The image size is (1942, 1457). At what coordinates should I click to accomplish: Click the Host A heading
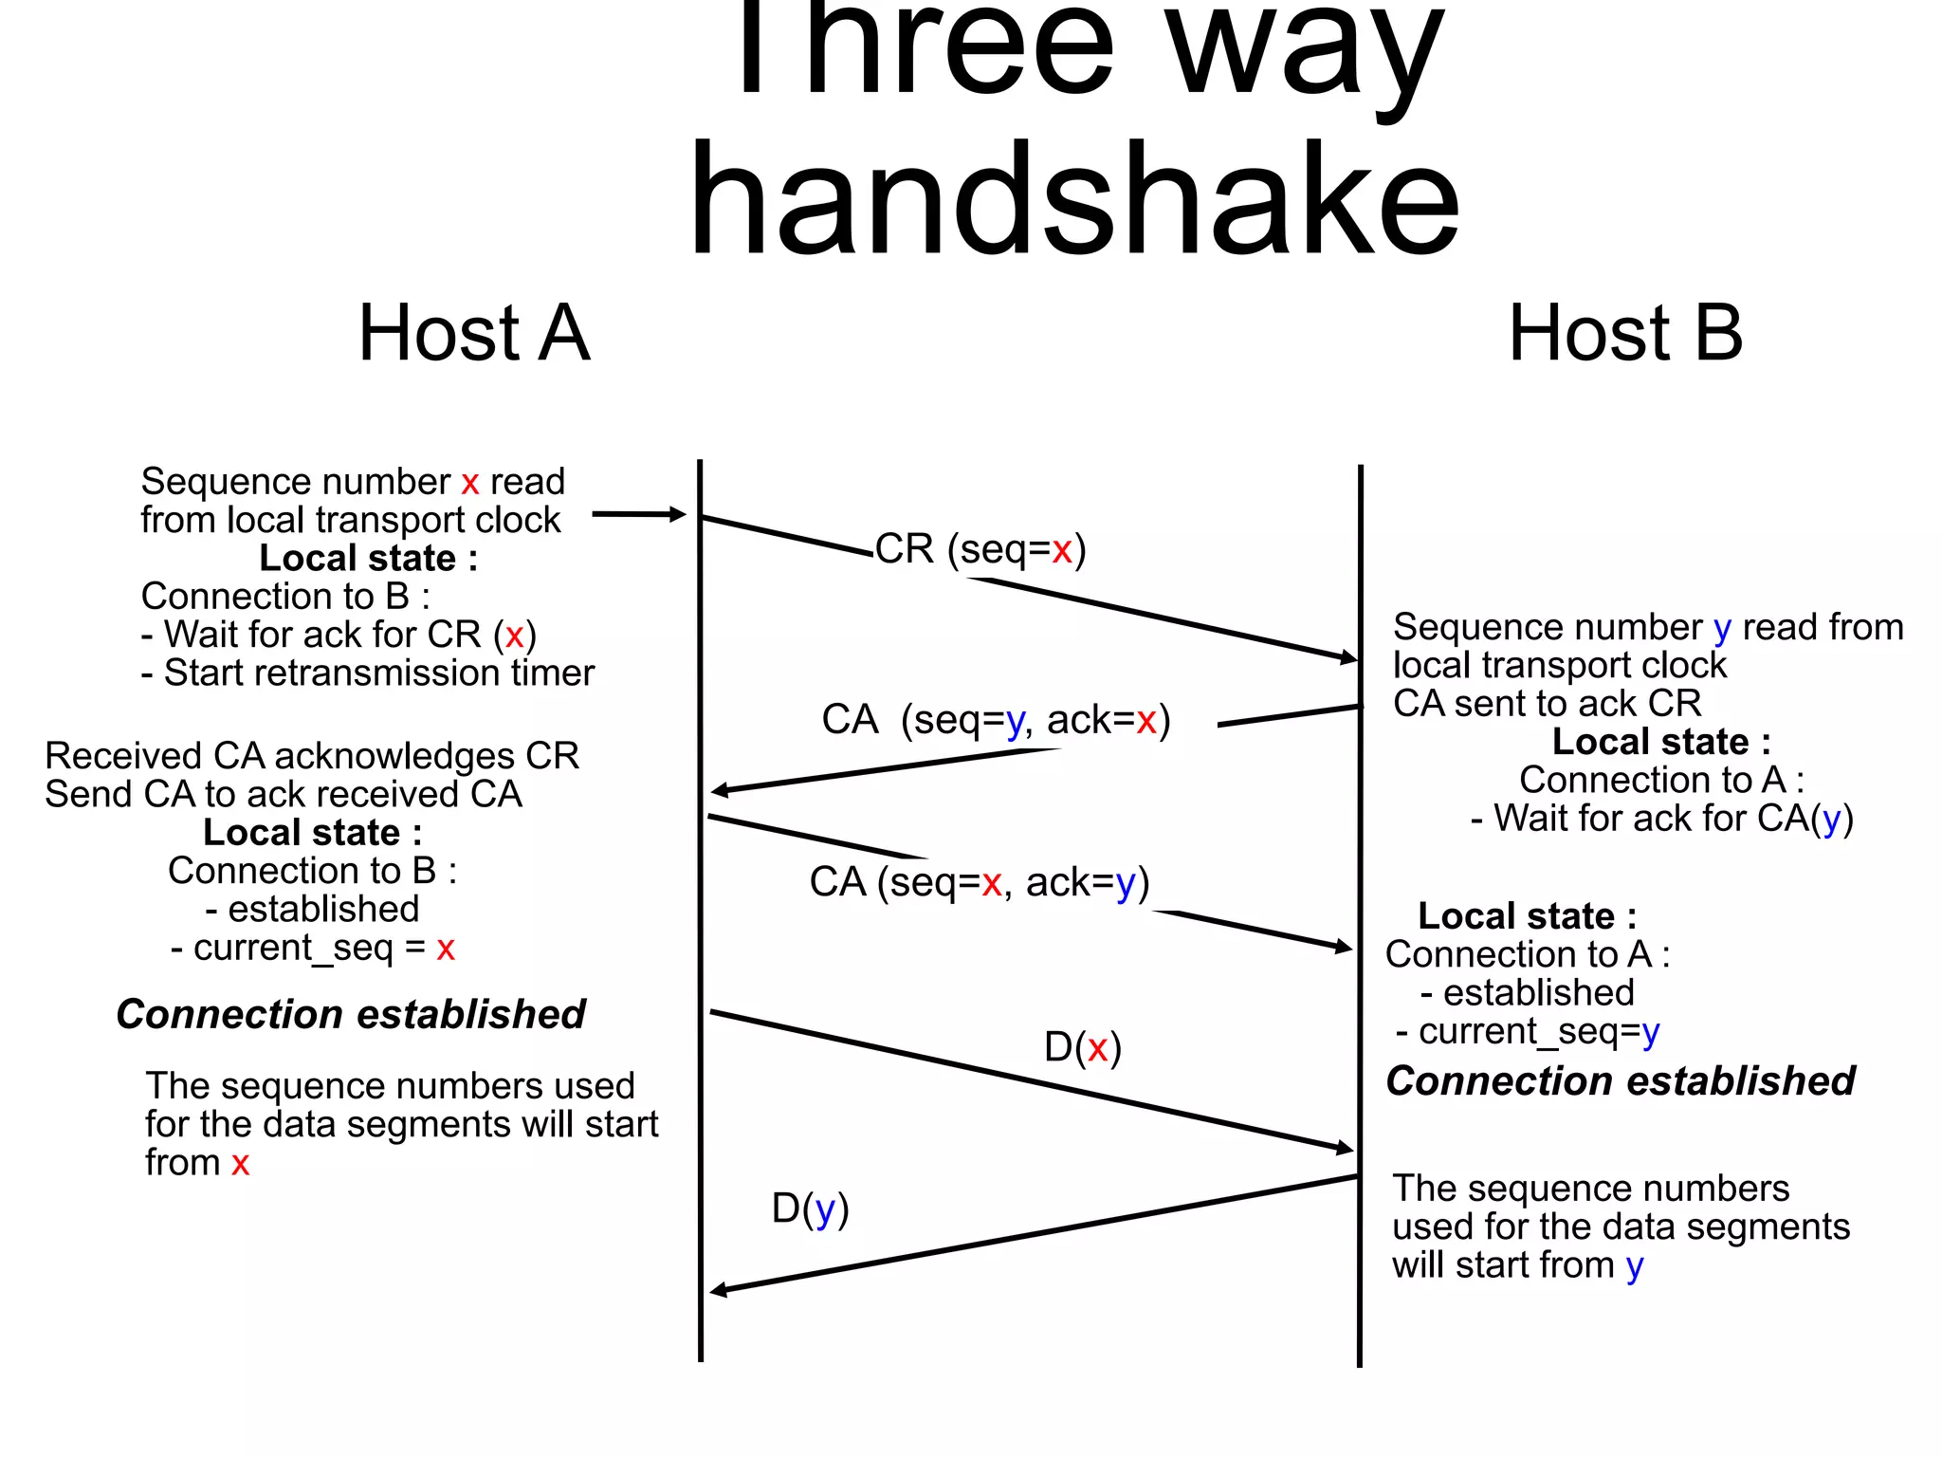[x=474, y=334]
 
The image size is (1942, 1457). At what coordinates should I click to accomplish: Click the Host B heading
[x=1625, y=334]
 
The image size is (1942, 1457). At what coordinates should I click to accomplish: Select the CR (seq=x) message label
[x=980, y=549]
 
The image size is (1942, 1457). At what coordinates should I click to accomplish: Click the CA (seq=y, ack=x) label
[x=996, y=720]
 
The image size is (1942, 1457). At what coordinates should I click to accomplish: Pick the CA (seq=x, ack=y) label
[x=979, y=883]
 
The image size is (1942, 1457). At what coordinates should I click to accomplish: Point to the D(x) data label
[x=1082, y=1048]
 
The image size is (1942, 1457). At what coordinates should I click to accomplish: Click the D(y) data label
[x=810, y=1209]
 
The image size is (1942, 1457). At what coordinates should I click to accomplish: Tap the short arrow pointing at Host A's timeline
[x=637, y=514]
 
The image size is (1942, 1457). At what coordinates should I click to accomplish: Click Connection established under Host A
[x=350, y=1014]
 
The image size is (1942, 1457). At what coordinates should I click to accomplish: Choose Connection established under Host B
[x=1620, y=1081]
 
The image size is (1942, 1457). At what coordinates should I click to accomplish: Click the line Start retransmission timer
[x=368, y=673]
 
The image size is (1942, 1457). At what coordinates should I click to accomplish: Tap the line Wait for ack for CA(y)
[x=1661, y=819]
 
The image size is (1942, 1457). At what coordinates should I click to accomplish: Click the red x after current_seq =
[x=446, y=948]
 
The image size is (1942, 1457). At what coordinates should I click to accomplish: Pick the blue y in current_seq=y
[x=1651, y=1032]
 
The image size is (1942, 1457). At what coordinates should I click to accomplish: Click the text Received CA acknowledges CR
[x=312, y=756]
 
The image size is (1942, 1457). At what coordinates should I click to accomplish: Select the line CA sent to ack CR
[x=1547, y=704]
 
